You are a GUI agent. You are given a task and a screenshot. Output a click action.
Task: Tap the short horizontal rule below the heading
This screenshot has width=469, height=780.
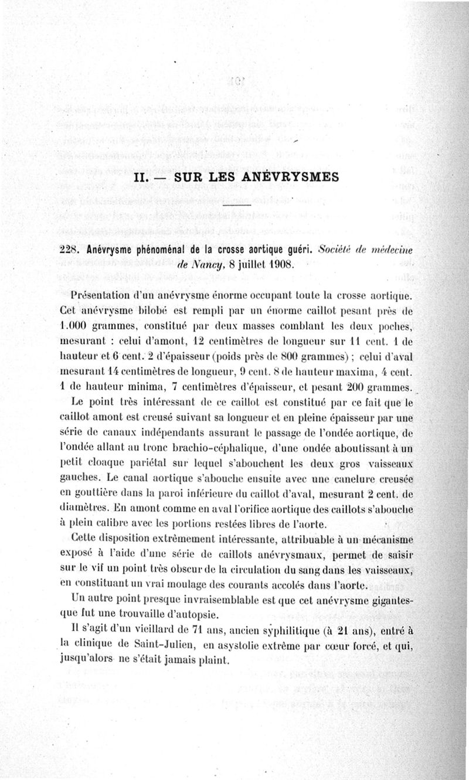237,205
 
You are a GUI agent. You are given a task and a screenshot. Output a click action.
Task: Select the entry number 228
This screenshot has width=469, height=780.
72,249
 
